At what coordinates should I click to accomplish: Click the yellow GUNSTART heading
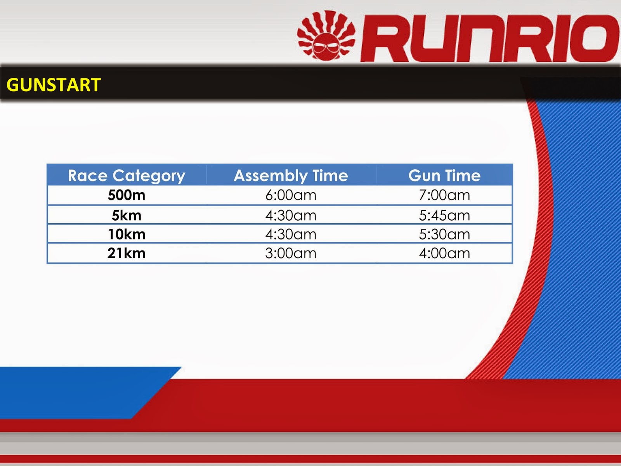[54, 85]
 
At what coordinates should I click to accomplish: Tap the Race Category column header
[127, 176]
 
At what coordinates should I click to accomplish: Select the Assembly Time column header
[291, 176]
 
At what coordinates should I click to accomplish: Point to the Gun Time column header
[444, 176]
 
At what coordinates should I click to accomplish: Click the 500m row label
[127, 195]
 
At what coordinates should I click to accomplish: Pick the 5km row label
[127, 216]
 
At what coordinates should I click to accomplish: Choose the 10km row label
[127, 235]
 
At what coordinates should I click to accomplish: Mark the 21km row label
[127, 253]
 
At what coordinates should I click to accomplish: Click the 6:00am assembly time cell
[291, 195]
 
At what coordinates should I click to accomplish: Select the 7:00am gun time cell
[444, 195]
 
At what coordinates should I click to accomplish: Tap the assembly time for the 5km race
[291, 216]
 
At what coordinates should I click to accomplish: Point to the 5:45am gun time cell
[444, 216]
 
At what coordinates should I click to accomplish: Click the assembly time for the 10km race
[291, 235]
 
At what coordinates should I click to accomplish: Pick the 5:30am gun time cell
[444, 235]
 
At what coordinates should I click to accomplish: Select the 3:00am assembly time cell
[291, 253]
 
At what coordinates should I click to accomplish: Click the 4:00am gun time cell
[444, 253]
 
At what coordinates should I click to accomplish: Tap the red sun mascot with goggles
[326, 36]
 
